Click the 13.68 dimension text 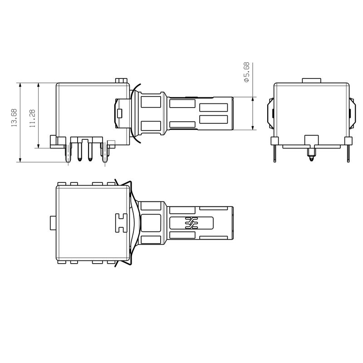(x=14, y=118)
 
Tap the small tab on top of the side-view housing (x=121, y=80)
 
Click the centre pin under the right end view (x=311, y=157)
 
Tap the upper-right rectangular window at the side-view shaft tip (x=213, y=108)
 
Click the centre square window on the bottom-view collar (x=151, y=223)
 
